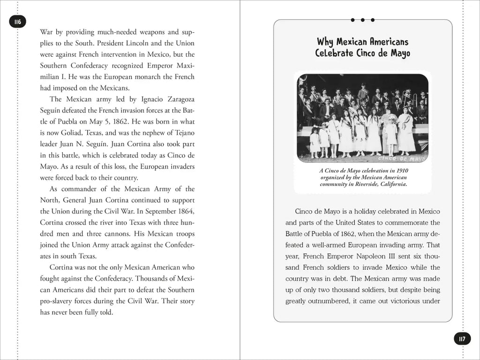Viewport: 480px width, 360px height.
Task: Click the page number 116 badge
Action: pyautogui.click(x=18, y=22)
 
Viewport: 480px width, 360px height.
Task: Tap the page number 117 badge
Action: pyautogui.click(x=462, y=339)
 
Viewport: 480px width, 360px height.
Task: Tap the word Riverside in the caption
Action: pyautogui.click(x=373, y=184)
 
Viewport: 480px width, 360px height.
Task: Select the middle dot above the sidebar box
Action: pyautogui.click(x=363, y=20)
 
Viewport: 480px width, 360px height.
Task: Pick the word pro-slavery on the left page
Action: pyautogui.click(x=59, y=301)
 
